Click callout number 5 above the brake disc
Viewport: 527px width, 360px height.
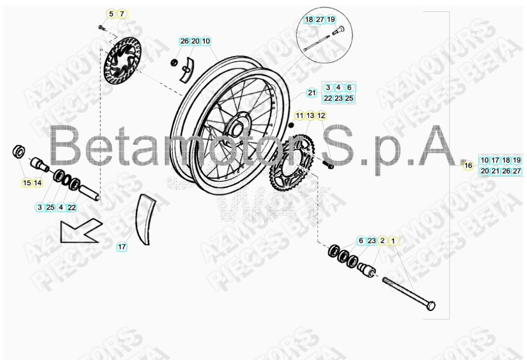(x=111, y=14)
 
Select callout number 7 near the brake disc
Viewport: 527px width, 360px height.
(x=122, y=14)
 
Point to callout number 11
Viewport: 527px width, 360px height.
(x=299, y=116)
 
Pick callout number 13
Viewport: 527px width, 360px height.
(x=310, y=116)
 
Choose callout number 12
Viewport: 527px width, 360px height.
(x=321, y=116)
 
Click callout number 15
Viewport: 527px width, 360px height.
(x=27, y=183)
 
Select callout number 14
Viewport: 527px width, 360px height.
(x=38, y=183)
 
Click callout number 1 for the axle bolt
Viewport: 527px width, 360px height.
(x=393, y=241)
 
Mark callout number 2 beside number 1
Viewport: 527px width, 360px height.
(x=382, y=241)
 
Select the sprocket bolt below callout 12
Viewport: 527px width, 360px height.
(x=328, y=164)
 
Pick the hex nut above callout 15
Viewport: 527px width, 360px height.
(x=19, y=150)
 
